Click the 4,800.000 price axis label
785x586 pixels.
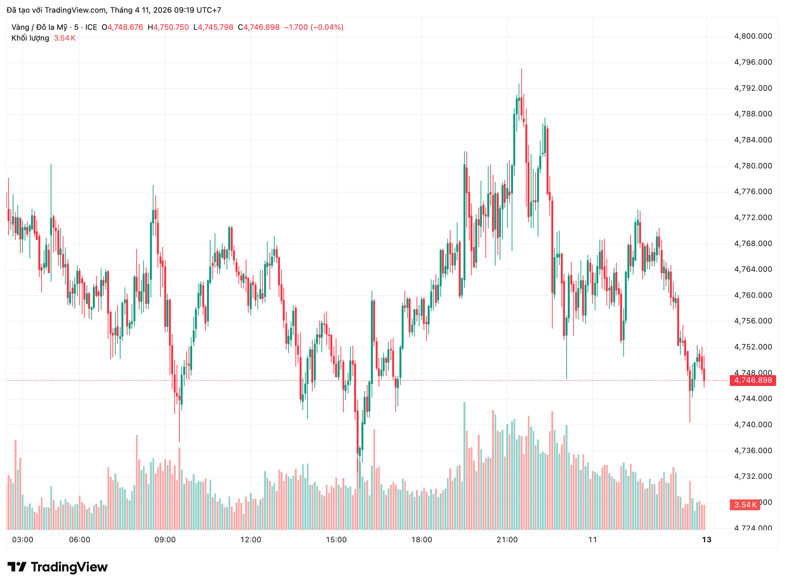753,36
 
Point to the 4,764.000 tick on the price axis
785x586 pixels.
753,269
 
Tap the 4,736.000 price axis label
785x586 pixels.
753,451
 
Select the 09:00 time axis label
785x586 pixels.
165,540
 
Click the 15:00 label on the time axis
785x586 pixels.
336,540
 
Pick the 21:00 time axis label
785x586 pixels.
507,540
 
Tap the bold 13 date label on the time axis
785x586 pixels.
706,540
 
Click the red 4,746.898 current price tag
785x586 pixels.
753,381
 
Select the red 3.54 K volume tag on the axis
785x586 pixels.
745,505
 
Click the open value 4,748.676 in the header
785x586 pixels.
125,27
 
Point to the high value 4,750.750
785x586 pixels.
171,27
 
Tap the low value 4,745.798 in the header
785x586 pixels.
215,27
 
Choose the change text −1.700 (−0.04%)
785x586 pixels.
314,27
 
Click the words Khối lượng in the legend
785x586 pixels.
30,38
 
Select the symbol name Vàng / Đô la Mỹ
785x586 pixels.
39,27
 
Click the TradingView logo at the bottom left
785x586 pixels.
58,567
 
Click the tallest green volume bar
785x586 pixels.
464,466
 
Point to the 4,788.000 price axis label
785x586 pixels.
753,114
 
